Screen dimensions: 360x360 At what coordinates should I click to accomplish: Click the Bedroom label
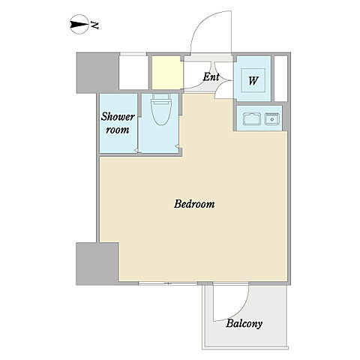(x=194, y=204)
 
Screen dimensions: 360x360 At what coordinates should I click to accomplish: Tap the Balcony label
(x=244, y=324)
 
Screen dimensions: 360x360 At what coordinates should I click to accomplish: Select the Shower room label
(x=118, y=123)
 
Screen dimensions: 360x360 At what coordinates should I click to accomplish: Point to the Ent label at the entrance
(x=211, y=76)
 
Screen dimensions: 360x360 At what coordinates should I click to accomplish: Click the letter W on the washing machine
(x=253, y=81)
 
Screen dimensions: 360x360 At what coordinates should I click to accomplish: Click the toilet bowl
(x=161, y=112)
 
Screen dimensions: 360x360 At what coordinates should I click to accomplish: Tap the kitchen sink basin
(x=272, y=119)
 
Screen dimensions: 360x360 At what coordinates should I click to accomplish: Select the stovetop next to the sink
(x=252, y=119)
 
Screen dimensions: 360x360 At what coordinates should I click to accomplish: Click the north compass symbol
(x=79, y=25)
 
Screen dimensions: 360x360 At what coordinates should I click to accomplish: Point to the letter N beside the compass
(x=94, y=25)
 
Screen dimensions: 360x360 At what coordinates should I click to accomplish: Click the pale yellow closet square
(x=166, y=73)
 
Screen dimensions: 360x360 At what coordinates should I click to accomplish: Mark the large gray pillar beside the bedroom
(x=97, y=264)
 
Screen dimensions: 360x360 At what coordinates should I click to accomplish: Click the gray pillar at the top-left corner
(x=97, y=73)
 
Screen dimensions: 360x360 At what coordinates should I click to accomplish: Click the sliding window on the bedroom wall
(x=168, y=283)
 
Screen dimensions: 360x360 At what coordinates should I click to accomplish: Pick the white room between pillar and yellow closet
(x=133, y=73)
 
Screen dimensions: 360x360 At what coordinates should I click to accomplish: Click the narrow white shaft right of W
(x=281, y=79)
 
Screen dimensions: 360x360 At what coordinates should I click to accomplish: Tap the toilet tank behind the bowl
(x=161, y=97)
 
